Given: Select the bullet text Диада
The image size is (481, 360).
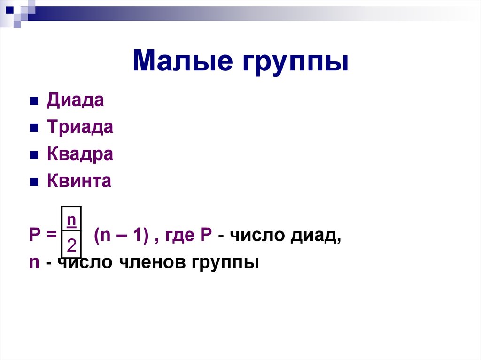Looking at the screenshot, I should (75, 101).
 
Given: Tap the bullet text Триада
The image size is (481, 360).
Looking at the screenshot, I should (80, 128).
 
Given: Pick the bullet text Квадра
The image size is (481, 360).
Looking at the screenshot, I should (80, 154).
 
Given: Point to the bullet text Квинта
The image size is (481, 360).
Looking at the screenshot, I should (79, 181).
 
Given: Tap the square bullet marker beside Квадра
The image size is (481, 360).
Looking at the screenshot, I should (33, 155).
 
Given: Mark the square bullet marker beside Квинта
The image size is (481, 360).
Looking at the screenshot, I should (33, 182).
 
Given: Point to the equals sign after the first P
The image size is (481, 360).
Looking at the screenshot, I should (51, 236).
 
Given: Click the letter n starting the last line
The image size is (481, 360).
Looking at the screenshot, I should (33, 262).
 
